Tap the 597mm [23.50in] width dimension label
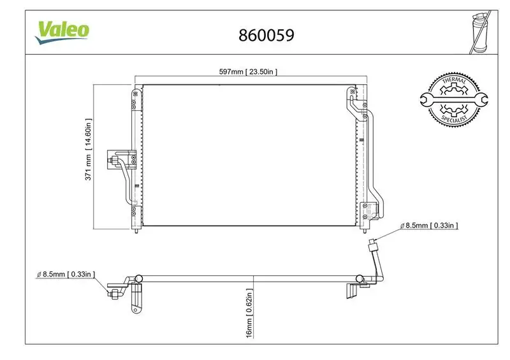pos(248,72)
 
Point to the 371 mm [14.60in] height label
pos(89,149)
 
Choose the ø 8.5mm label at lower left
pos(66,274)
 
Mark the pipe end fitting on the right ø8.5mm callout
pos(374,243)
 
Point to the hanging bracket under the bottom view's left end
pos(136,300)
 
